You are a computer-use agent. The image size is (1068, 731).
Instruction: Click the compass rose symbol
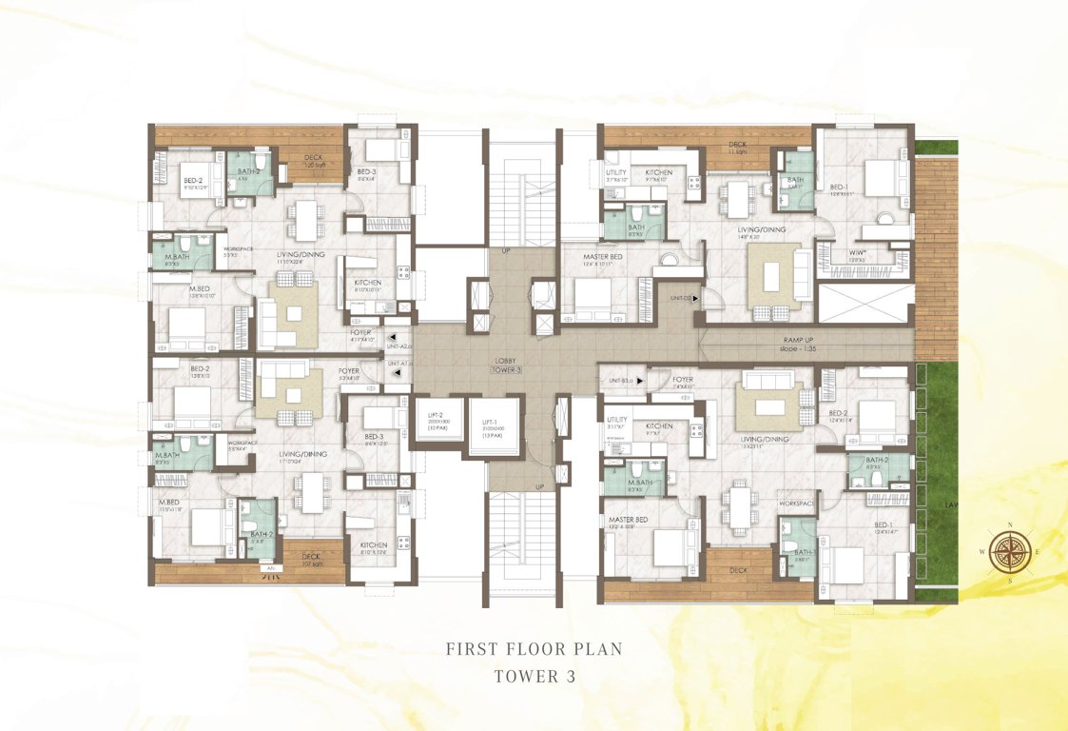tap(1008, 553)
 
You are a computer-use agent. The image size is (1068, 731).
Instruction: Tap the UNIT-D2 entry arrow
tap(696, 298)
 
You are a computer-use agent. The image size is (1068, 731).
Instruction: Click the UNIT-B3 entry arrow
tap(640, 382)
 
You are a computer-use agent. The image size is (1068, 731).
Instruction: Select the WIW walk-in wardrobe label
tap(857, 252)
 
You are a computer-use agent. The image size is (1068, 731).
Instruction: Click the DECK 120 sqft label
tap(315, 162)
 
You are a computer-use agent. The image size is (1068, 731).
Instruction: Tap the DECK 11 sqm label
tap(737, 148)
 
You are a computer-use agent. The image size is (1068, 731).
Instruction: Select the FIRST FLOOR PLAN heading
tap(534, 649)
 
